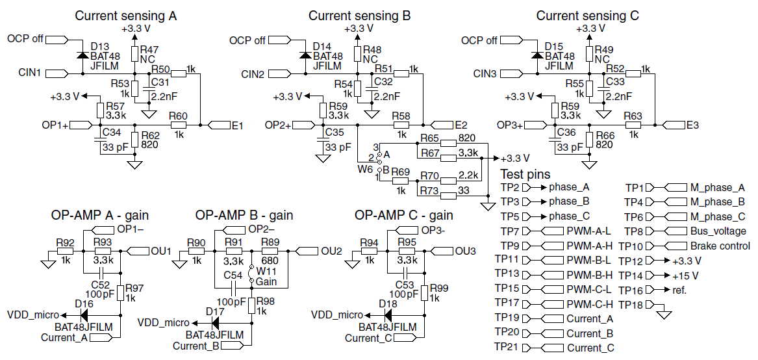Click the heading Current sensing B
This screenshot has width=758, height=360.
pyautogui.click(x=359, y=15)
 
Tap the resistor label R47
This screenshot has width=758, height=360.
pyautogui.click(x=149, y=49)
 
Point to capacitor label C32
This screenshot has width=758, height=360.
pyautogui.click(x=383, y=81)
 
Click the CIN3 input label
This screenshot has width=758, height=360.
pyautogui.click(x=485, y=73)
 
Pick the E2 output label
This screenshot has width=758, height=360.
pyautogui.click(x=461, y=125)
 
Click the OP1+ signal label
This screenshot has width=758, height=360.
pyautogui.click(x=56, y=125)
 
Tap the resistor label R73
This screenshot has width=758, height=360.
pyautogui.click(x=429, y=190)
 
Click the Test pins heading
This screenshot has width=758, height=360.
pyautogui.click(x=525, y=174)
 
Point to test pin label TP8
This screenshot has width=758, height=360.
pyautogui.click(x=633, y=231)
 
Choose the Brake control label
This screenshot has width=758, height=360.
pyautogui.click(x=720, y=246)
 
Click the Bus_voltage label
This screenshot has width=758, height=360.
pyautogui.click(x=718, y=231)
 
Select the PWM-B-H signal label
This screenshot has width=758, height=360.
pyautogui.click(x=589, y=275)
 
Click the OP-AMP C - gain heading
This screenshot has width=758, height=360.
pyautogui.click(x=404, y=215)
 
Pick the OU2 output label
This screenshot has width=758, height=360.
pyautogui.click(x=331, y=251)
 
